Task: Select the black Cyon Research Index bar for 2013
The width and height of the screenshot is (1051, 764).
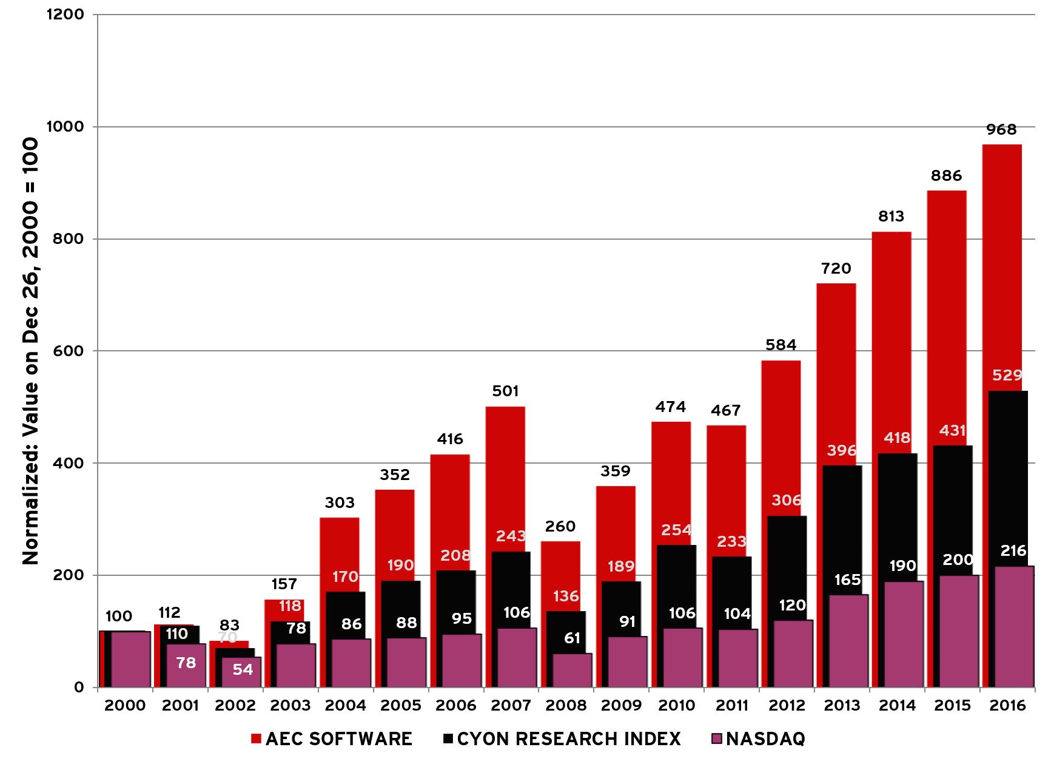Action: click(x=839, y=528)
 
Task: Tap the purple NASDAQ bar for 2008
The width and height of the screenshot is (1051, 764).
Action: click(x=572, y=670)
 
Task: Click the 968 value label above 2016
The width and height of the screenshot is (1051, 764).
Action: click(x=1001, y=129)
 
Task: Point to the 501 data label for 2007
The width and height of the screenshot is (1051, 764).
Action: click(x=505, y=391)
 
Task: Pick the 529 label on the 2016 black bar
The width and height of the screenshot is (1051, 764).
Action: click(x=1007, y=375)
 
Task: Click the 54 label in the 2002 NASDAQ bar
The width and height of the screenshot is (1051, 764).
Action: click(x=243, y=669)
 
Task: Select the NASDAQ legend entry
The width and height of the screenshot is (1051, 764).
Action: click(x=758, y=739)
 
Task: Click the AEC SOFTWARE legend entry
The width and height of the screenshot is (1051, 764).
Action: click(x=332, y=739)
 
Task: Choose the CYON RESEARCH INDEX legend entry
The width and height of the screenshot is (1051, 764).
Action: click(x=562, y=739)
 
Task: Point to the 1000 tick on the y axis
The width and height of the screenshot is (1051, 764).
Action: click(x=65, y=126)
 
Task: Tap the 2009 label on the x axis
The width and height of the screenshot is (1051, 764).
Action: click(x=621, y=705)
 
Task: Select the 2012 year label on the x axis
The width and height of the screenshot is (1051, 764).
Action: click(x=787, y=705)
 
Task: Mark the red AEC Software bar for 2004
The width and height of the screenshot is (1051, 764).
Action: click(x=339, y=552)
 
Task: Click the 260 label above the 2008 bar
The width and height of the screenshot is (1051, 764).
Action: click(x=560, y=526)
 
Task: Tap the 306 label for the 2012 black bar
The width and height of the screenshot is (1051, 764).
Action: click(x=787, y=500)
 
